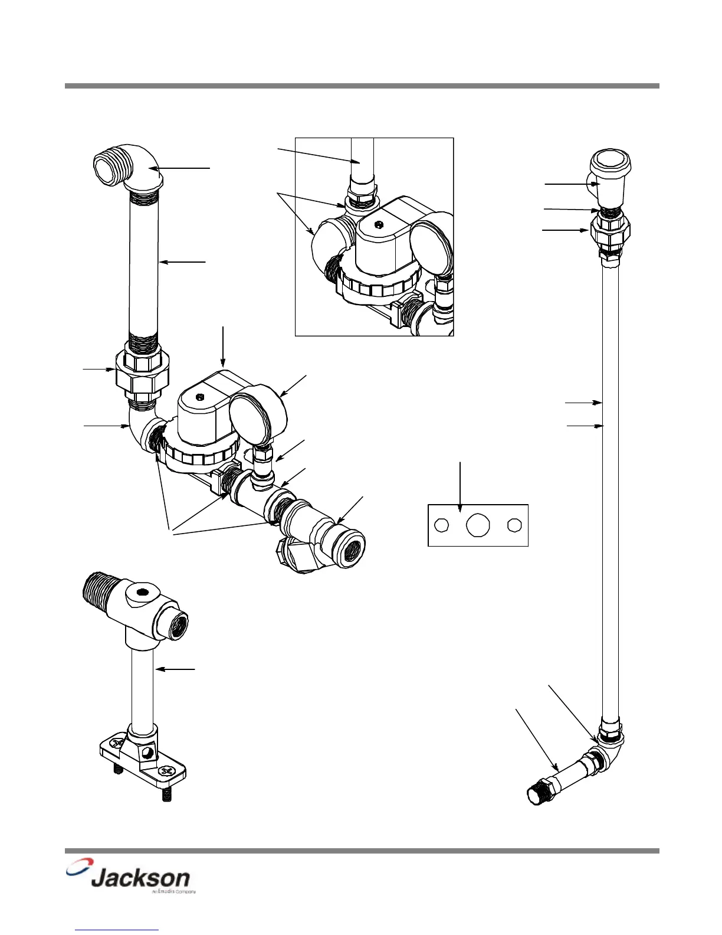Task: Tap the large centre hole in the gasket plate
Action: pyautogui.click(x=478, y=525)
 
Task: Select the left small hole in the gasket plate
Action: pyautogui.click(x=441, y=525)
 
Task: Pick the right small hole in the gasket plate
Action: pyautogui.click(x=514, y=525)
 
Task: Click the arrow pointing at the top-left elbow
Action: pyautogui.click(x=183, y=169)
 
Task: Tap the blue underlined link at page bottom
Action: pyautogui.click(x=117, y=930)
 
